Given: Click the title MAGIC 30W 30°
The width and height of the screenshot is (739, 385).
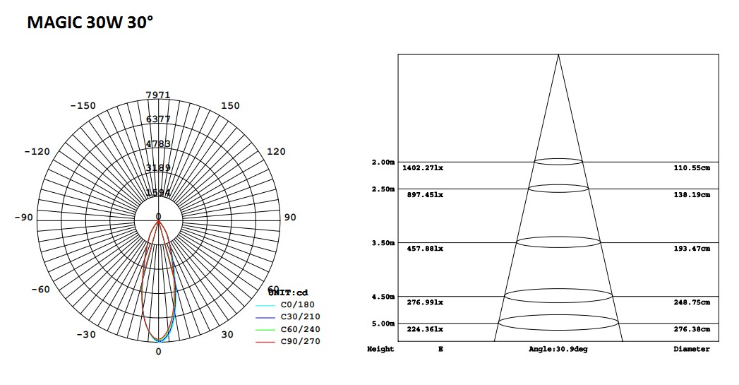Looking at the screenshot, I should (x=90, y=23).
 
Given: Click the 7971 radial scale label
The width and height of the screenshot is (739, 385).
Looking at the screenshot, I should (x=158, y=95).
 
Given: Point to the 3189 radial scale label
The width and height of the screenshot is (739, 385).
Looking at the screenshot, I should (x=158, y=168).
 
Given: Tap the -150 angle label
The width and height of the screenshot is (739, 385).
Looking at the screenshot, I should (x=83, y=106).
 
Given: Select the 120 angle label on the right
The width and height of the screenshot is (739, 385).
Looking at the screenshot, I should (x=276, y=152).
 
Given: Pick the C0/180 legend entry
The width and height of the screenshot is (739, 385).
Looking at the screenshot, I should (x=296, y=304).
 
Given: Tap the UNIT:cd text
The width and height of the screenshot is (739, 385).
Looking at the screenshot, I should (x=288, y=292).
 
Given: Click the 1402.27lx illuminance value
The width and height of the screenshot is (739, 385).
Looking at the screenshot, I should (x=423, y=168).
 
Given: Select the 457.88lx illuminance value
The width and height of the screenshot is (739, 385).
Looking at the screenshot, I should (x=425, y=249).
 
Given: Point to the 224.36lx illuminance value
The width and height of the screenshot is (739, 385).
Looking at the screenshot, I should (x=425, y=329).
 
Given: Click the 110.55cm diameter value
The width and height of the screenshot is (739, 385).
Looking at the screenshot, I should (x=692, y=168).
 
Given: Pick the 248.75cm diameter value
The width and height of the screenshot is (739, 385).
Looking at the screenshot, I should (x=692, y=302).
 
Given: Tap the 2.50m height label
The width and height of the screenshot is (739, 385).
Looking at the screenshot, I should (x=383, y=189).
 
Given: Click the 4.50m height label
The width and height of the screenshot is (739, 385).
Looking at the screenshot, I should (x=383, y=297).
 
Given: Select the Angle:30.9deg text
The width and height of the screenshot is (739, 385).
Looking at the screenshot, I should (x=558, y=349).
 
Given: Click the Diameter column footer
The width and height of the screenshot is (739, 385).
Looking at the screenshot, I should (x=692, y=349).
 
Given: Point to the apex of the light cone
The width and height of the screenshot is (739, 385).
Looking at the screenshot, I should (x=558, y=54).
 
